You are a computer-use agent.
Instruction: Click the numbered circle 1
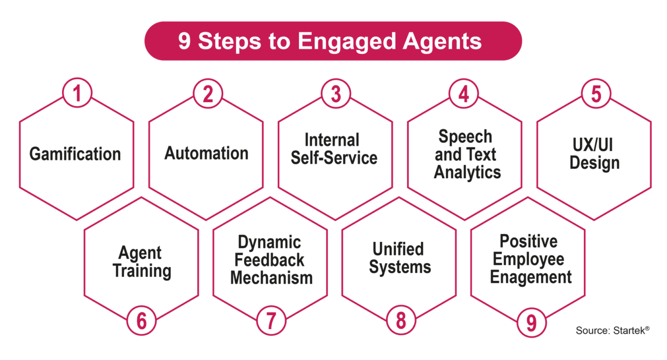click(x=77, y=93)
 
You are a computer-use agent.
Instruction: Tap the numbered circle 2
click(x=208, y=93)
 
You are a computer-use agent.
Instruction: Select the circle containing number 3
click(x=336, y=93)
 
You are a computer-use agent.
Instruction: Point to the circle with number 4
click(x=463, y=93)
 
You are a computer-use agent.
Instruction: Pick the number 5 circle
click(x=596, y=93)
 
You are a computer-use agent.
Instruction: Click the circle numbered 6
click(x=142, y=320)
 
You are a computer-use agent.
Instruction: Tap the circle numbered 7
click(x=271, y=320)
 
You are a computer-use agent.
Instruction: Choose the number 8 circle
click(x=401, y=320)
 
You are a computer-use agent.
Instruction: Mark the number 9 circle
click(x=532, y=322)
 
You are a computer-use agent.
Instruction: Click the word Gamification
click(x=75, y=154)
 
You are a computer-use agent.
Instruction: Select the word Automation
click(x=207, y=153)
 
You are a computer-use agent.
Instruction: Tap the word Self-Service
click(x=334, y=157)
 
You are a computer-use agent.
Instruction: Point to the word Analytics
click(x=467, y=173)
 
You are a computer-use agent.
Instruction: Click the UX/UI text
click(x=593, y=145)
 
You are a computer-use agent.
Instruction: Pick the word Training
click(x=142, y=271)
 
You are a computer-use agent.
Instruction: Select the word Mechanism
click(x=271, y=278)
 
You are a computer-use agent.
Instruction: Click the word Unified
click(x=398, y=249)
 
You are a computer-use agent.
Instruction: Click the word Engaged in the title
click(x=347, y=42)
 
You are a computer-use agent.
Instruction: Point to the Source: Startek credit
click(x=612, y=330)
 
